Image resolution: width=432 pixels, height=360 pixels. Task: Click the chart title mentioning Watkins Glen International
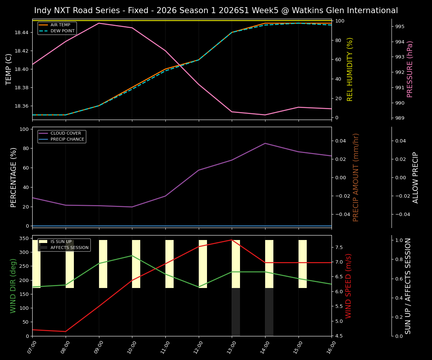point(216,10)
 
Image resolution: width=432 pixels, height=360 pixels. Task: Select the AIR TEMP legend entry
point(60,25)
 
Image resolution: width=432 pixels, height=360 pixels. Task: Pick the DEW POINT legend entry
point(62,31)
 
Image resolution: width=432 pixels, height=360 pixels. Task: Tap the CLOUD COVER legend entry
point(66,133)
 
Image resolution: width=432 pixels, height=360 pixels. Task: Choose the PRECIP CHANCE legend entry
point(67,139)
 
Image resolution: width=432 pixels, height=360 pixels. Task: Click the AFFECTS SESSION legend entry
point(69,247)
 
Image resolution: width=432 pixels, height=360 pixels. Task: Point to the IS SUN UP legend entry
point(61,241)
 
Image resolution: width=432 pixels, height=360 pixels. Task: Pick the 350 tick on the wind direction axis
point(24,238)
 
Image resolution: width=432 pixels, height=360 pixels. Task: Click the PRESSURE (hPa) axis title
point(410,69)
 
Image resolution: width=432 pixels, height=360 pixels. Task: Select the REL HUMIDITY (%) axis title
point(350,69)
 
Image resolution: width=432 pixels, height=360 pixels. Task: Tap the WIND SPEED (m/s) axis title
point(349,286)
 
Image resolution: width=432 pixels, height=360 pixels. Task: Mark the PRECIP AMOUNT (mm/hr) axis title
point(356,177)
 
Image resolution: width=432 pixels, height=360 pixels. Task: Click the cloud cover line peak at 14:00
point(265,143)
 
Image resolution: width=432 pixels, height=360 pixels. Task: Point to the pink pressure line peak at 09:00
point(99,23)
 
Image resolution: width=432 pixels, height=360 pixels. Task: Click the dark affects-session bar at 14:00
point(269,312)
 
